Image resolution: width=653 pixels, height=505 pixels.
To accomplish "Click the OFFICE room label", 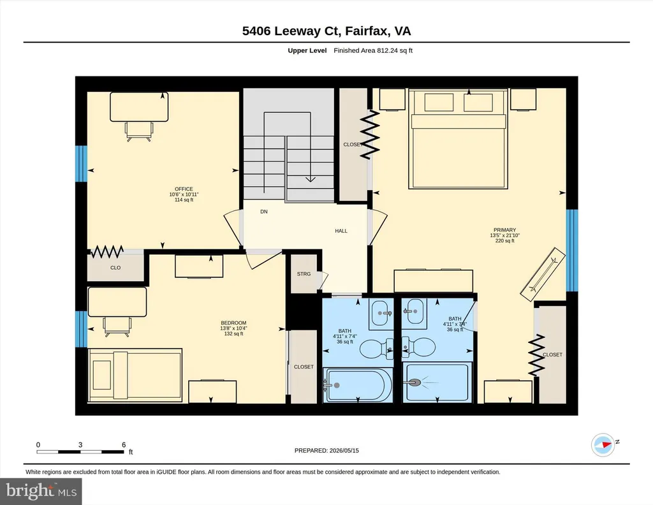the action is point(184,189).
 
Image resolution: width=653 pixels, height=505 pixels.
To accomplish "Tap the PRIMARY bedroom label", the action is point(505,230).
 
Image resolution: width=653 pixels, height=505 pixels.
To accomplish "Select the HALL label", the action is point(341,231).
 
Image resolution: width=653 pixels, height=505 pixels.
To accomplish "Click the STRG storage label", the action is point(304,274).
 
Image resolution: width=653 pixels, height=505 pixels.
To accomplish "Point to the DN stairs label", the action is point(263,212).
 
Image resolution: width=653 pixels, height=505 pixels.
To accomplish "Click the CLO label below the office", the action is point(115,268).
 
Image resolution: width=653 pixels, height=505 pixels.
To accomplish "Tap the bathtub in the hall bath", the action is point(358,385).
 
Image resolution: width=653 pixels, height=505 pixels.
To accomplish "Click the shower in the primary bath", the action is point(437,383).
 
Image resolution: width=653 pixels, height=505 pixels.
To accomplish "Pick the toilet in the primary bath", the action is point(419,346).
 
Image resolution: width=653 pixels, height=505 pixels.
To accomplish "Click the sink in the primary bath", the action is point(415,311).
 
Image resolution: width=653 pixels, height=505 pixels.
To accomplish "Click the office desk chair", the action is point(139,131).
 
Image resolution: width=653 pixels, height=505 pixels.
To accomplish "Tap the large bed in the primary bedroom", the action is point(458,139).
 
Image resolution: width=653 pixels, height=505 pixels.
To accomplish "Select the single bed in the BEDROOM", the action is point(135,375).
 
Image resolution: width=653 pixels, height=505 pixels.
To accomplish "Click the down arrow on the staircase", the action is point(311,179).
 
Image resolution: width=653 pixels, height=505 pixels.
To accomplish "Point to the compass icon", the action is point(603,445).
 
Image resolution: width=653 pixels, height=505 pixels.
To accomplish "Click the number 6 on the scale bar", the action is point(124,444).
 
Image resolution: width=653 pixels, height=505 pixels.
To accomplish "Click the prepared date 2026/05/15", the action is point(344,450).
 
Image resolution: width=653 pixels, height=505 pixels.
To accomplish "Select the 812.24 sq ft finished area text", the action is point(395,50).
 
